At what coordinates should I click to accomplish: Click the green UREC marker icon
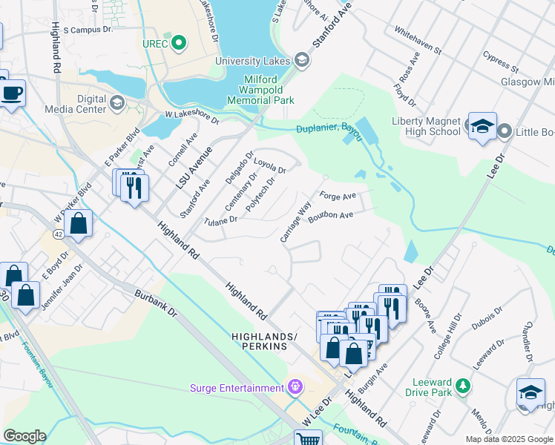coord(178,43)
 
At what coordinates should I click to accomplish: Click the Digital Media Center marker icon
coord(118,102)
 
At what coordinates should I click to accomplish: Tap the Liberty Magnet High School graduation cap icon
coord(482,126)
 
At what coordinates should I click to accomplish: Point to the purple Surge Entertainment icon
coord(295,387)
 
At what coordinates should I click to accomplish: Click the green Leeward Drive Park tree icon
coord(463,386)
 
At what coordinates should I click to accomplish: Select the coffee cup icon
coord(11,94)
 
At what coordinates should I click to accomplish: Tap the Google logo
coord(24,436)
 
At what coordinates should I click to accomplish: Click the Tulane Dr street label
coord(220,220)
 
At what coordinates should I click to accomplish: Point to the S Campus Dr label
coord(87,30)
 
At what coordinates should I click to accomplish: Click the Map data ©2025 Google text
coord(508,439)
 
